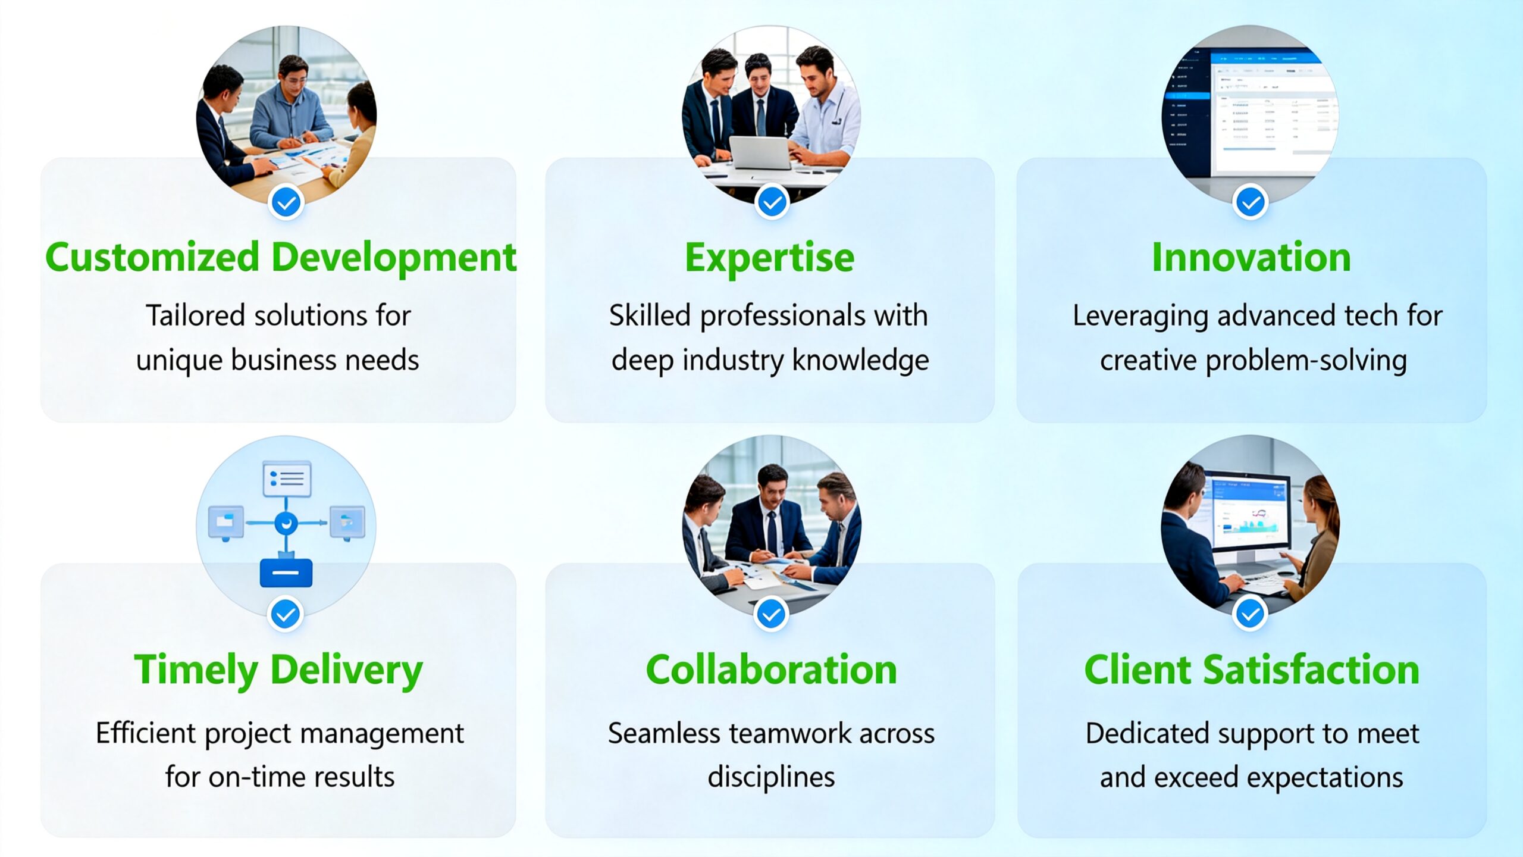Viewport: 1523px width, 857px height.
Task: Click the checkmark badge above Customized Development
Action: [x=286, y=203]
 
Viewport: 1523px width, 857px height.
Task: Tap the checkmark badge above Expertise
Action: [x=772, y=203]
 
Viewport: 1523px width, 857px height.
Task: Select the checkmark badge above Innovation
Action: [x=1251, y=203]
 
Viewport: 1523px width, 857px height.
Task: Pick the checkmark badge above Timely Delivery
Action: [x=286, y=614]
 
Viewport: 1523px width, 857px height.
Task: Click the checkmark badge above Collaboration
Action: [x=771, y=614]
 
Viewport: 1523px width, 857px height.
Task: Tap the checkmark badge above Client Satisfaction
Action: [x=1250, y=614]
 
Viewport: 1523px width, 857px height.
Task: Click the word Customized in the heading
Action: [x=152, y=258]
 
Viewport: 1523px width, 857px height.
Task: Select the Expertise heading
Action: [x=770, y=258]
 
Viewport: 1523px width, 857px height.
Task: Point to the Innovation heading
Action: [x=1251, y=258]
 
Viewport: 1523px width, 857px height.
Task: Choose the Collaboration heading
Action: [x=771, y=670]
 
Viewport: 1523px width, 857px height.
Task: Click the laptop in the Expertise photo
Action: [x=760, y=152]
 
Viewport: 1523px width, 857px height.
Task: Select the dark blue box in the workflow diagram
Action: [x=286, y=573]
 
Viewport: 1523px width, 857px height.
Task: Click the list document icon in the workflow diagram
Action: [x=287, y=478]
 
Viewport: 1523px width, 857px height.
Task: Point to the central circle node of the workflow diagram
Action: [x=286, y=523]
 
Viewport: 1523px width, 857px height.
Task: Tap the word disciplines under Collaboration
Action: [x=771, y=777]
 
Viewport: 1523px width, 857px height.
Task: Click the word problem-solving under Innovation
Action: [x=1306, y=361]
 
